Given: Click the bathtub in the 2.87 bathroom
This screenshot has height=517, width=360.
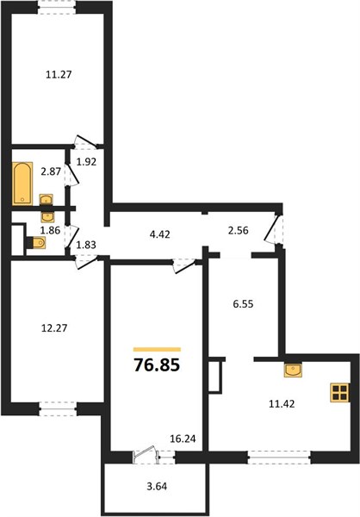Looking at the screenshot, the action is point(22,184).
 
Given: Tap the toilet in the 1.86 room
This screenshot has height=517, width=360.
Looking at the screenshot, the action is point(36,243).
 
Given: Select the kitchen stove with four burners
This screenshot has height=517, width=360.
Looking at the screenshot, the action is point(339,392).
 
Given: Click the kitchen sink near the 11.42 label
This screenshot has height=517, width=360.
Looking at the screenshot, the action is point(293,370).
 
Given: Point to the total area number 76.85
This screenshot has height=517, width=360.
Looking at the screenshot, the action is point(157,365).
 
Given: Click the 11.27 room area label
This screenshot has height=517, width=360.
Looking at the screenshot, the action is point(59,74).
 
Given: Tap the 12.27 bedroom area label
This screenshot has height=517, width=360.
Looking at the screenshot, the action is point(54,328).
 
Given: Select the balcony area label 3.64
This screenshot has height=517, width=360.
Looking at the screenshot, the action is point(157,486).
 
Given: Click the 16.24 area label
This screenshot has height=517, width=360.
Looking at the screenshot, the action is point(183,439).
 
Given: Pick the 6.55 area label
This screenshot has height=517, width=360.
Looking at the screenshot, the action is point(243,304).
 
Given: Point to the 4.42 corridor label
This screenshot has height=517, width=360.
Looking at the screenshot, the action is point(159,234).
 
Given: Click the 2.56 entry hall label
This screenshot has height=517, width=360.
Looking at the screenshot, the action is point(238,230).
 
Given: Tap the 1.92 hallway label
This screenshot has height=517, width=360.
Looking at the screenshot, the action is point(86,162).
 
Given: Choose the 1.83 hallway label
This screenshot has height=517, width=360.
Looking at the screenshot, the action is point(86,245).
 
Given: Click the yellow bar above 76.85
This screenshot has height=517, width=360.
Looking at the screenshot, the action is point(157,350).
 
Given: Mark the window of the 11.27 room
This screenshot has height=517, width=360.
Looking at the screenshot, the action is point(57,7).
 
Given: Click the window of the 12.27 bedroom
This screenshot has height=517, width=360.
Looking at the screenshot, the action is point(58,408).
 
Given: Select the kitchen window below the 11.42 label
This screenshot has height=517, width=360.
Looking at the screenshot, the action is point(279,457).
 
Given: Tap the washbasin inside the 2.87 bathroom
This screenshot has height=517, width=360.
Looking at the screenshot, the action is point(47,200).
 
